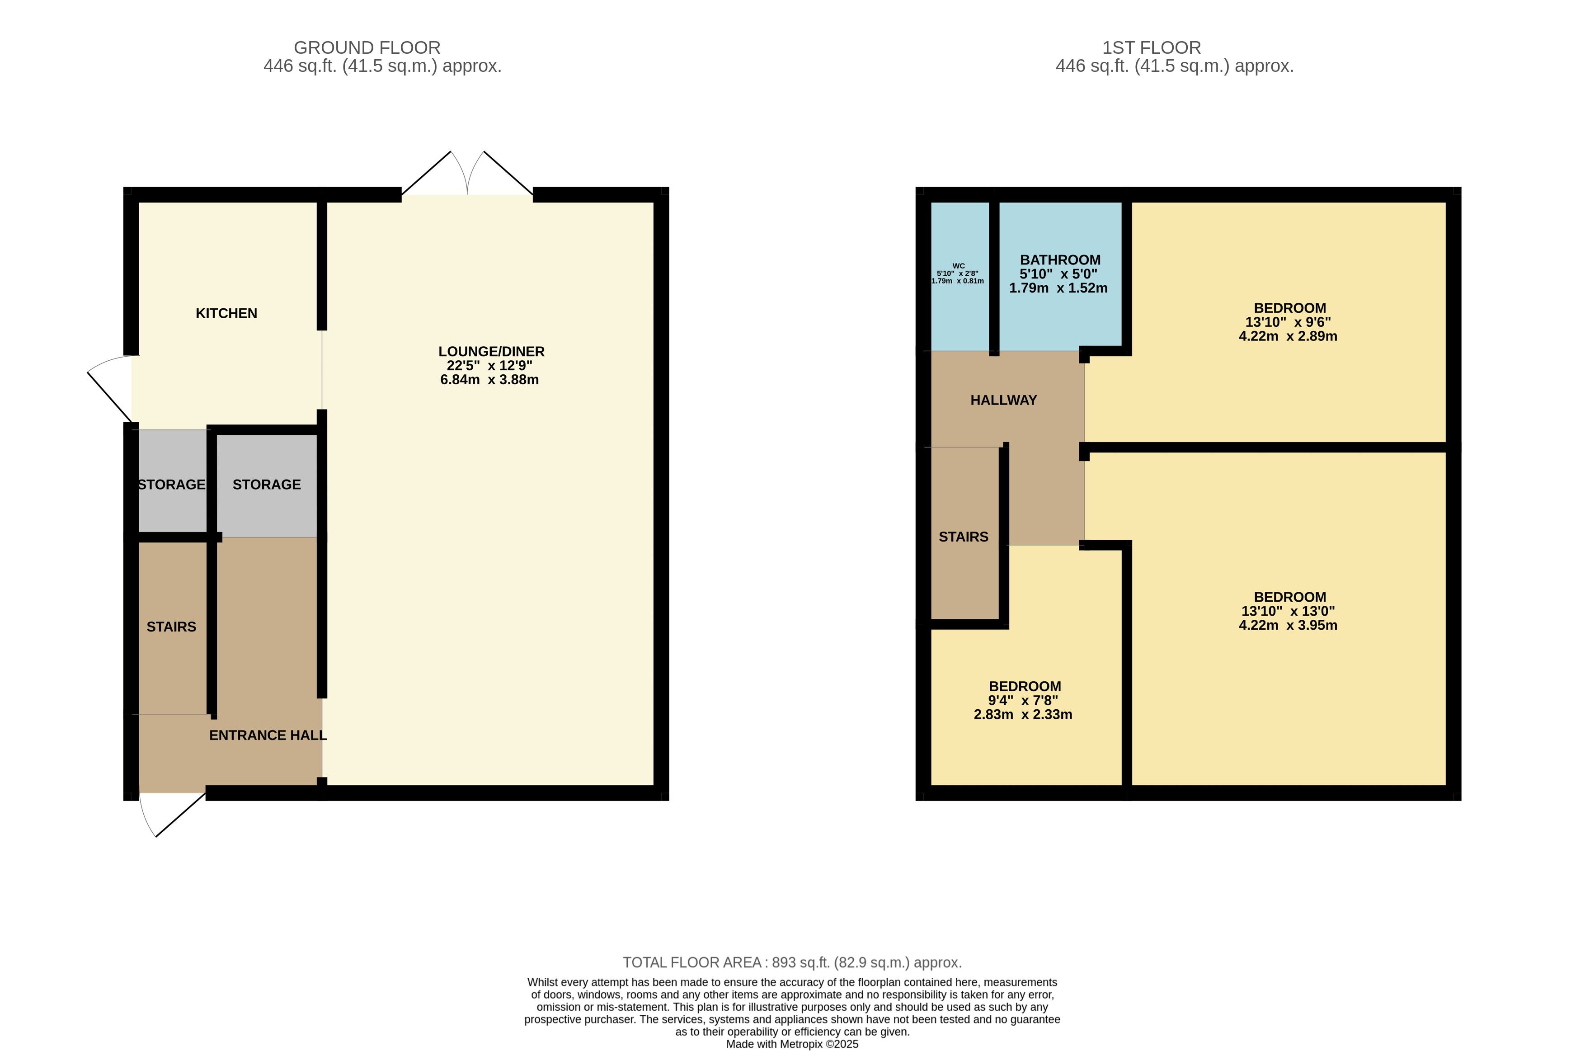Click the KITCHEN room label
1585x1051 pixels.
226,313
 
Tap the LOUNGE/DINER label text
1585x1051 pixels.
491,351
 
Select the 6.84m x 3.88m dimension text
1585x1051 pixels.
489,379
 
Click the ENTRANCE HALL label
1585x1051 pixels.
268,735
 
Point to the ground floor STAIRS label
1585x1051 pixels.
172,627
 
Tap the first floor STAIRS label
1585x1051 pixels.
963,537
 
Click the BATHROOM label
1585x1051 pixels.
1060,260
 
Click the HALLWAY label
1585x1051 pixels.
1003,400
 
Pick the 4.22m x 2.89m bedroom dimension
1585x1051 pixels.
1288,336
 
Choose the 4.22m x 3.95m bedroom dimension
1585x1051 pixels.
1288,625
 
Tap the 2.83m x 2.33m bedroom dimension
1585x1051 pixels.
1023,715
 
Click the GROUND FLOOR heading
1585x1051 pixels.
367,47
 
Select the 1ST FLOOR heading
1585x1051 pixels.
1152,47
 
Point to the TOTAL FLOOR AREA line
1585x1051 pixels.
792,962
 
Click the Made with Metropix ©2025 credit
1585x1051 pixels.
792,1044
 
